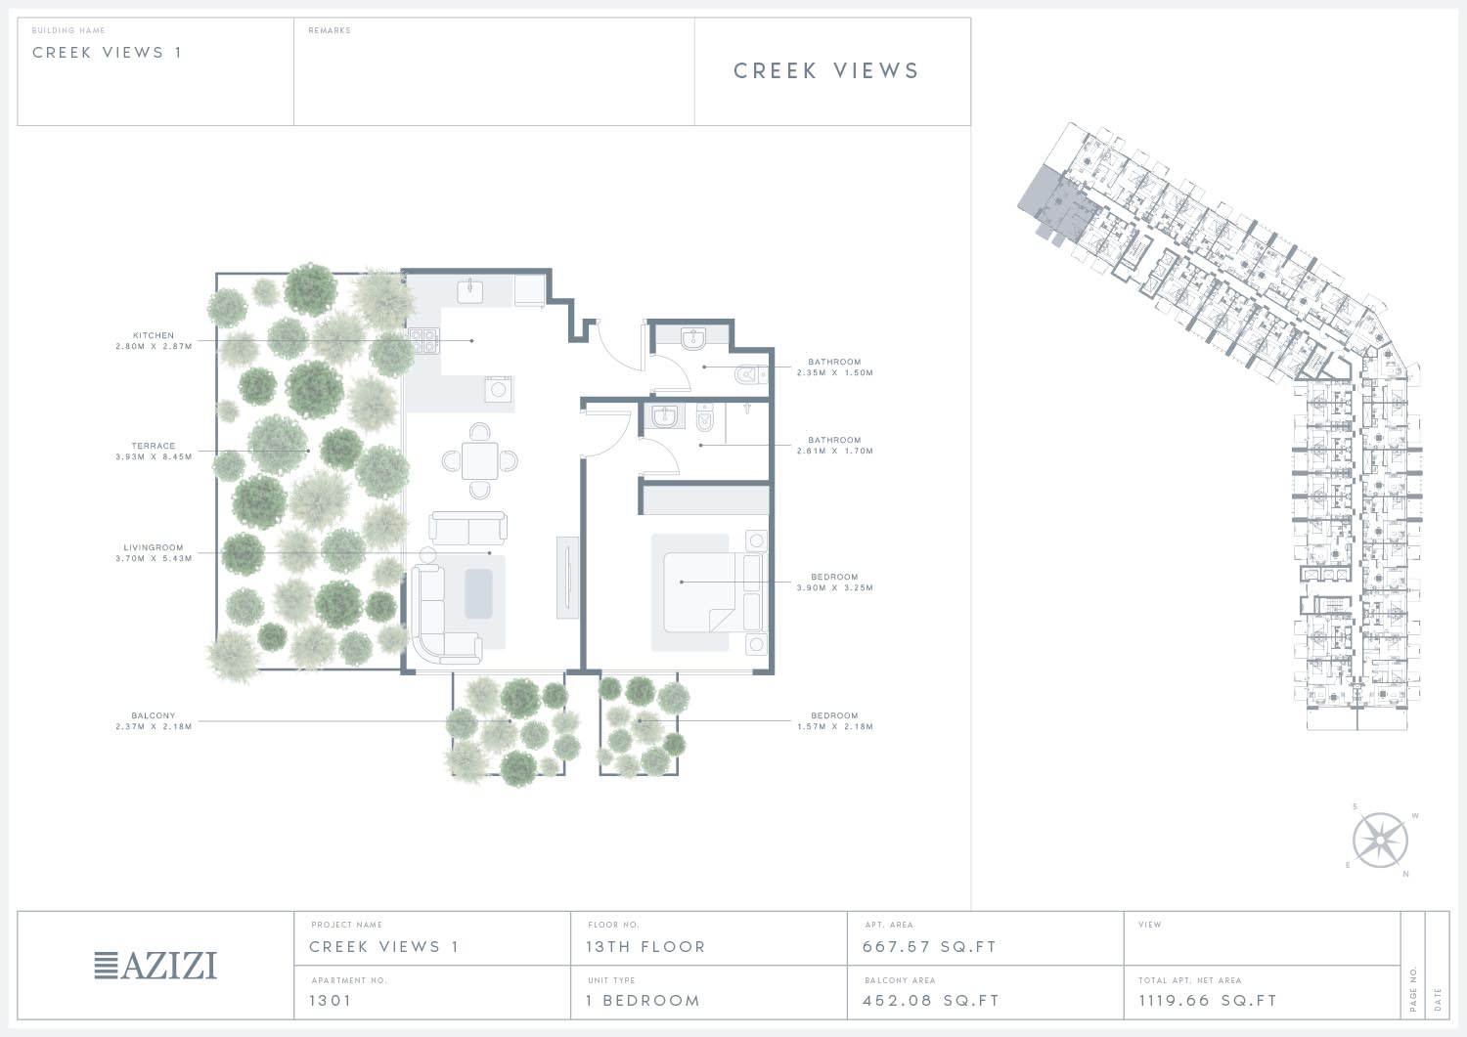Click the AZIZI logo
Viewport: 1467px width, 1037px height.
coord(156,965)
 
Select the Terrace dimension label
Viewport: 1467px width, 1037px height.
coord(154,452)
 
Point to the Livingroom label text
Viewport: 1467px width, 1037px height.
coord(154,547)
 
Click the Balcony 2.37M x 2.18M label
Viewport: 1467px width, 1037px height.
coord(154,720)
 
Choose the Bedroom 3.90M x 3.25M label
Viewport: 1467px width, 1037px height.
coord(834,582)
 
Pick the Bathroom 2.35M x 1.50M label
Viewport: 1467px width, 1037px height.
coord(834,367)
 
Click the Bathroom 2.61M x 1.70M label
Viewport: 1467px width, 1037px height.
coord(834,445)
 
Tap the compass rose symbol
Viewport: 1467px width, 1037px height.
coord(1380,840)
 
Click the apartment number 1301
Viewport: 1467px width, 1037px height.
coord(331,1000)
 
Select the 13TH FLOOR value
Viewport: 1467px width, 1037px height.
coord(645,947)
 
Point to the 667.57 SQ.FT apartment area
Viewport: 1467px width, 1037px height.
coord(929,947)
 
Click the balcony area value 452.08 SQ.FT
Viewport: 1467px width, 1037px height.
coord(931,1000)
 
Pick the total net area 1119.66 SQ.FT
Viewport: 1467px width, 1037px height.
coord(1208,1000)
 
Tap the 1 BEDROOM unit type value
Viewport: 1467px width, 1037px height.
coord(644,1000)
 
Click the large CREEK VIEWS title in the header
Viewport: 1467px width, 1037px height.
coord(826,70)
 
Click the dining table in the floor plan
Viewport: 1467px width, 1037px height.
coord(480,461)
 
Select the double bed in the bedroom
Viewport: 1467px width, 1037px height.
coord(709,592)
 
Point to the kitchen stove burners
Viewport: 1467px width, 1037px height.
coord(423,341)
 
